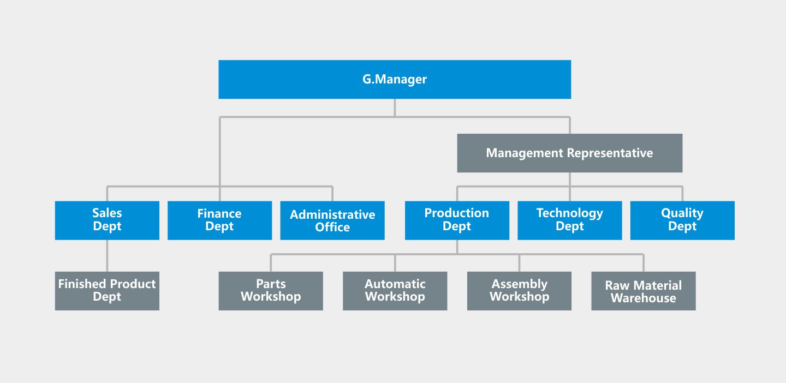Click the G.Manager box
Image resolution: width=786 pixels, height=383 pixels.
395,79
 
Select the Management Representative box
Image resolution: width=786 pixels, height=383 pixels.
570,153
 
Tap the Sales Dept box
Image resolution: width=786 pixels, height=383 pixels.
107,220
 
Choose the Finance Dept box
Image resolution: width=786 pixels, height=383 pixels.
219,220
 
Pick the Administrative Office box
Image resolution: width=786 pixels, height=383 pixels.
332,220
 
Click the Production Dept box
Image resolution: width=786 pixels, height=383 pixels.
457,220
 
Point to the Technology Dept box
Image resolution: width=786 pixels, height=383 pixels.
570,220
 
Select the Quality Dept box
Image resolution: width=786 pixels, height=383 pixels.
682,220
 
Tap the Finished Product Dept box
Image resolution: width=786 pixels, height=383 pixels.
107,291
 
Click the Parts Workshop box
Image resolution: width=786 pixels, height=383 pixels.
271,291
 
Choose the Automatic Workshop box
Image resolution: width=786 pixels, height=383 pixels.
395,291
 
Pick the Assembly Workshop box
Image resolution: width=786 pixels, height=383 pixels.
519,291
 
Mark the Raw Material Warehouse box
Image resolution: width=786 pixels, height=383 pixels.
644,291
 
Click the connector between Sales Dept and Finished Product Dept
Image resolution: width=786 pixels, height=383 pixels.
107,256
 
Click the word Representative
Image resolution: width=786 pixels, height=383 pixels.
610,153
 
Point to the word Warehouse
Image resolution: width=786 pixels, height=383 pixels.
644,298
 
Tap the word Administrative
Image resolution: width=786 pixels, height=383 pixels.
332,214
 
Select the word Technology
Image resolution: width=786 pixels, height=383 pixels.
570,213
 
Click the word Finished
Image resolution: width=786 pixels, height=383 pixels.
80,284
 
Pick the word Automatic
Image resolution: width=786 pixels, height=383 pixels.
395,284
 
